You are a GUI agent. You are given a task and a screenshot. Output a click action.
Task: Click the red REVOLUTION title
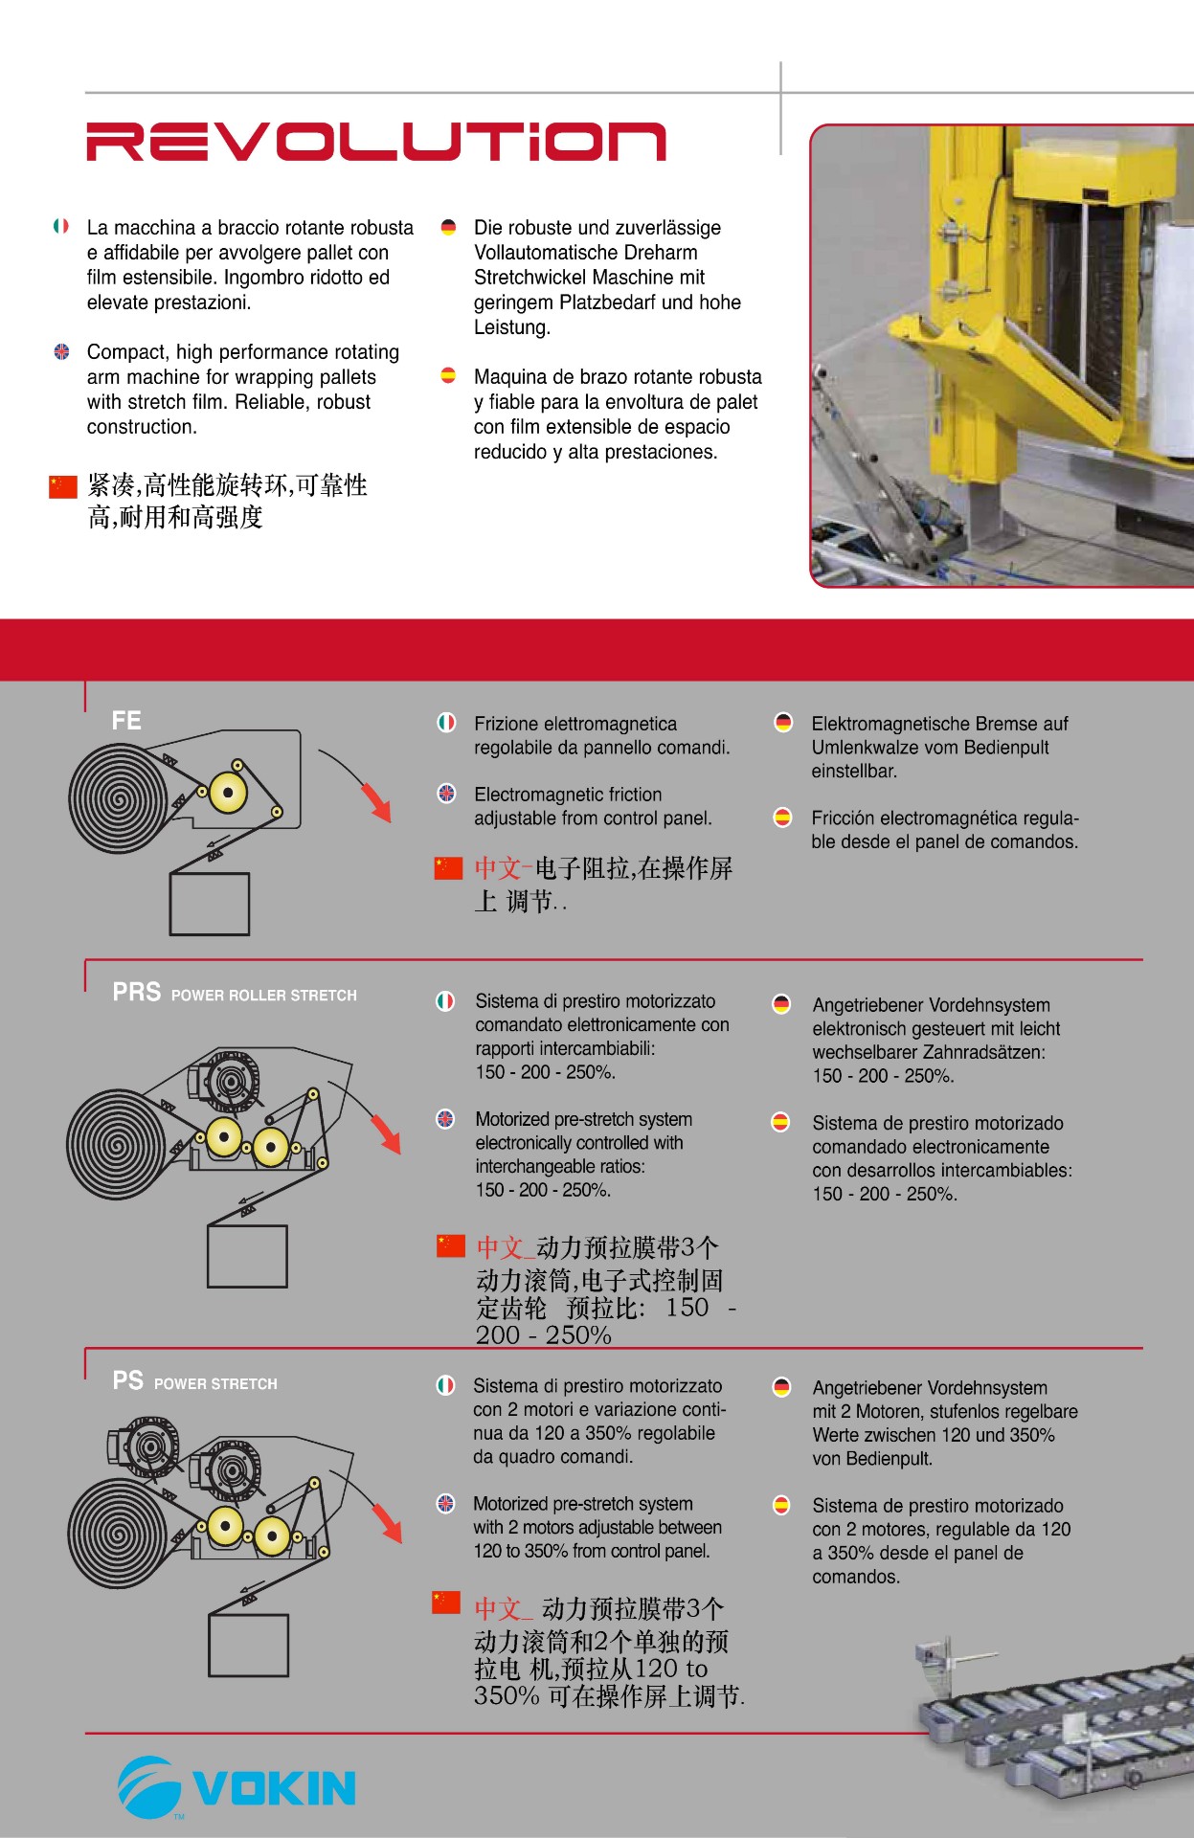pos(375,142)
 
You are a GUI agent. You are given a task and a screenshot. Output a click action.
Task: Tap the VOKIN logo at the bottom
pos(237,1786)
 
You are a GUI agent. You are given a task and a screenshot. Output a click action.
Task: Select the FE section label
pos(126,720)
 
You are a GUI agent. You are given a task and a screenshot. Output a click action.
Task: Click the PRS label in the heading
pos(137,992)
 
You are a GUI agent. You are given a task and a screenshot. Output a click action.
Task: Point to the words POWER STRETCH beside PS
pos(215,1384)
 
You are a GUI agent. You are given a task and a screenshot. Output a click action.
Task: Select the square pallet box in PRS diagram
pos(247,1256)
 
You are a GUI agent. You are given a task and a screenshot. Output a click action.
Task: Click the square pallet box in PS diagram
pos(248,1646)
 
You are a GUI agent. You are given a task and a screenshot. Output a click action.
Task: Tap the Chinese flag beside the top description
pos(63,486)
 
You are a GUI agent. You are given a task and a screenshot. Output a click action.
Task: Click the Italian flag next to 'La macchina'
pos(61,226)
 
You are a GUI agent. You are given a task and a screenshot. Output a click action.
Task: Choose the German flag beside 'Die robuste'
pos(448,227)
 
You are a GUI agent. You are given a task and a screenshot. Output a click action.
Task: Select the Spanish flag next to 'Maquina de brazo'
pos(448,375)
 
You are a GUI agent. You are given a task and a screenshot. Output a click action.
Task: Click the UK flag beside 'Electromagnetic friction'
pos(446,793)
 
